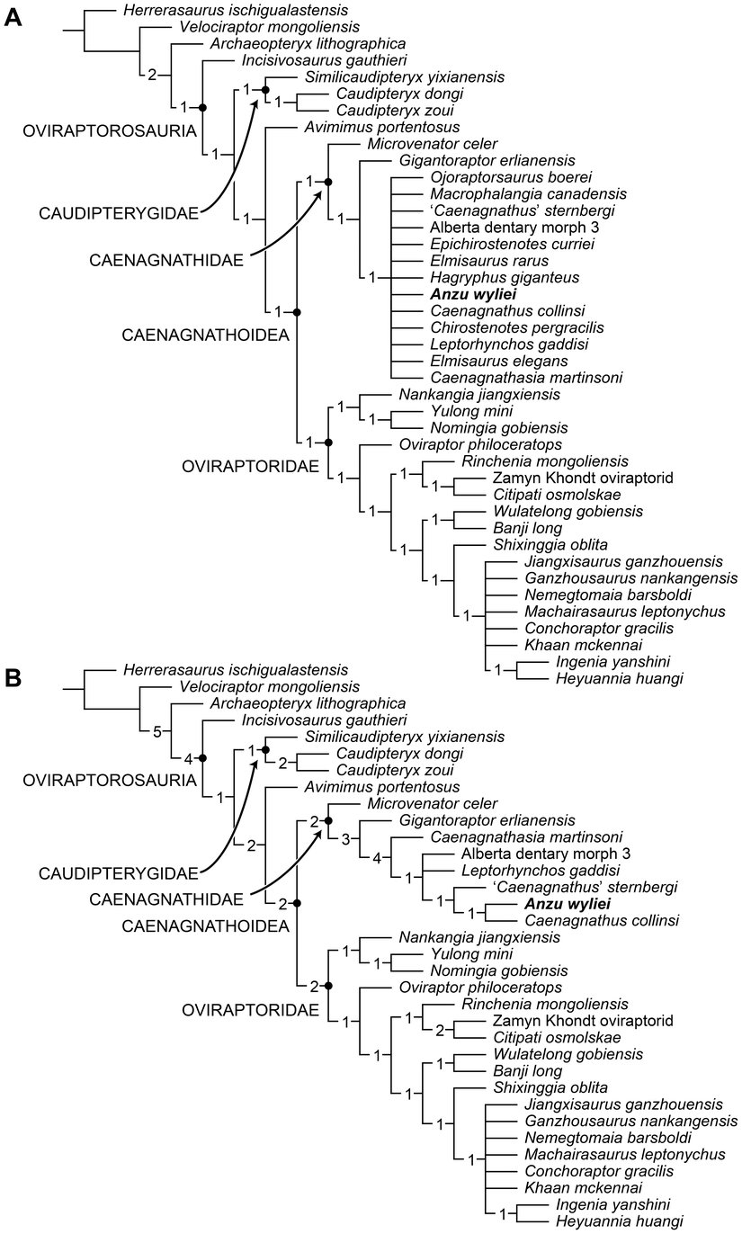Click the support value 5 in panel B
(157, 730)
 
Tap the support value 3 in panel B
(344, 839)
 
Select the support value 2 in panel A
(152, 74)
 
